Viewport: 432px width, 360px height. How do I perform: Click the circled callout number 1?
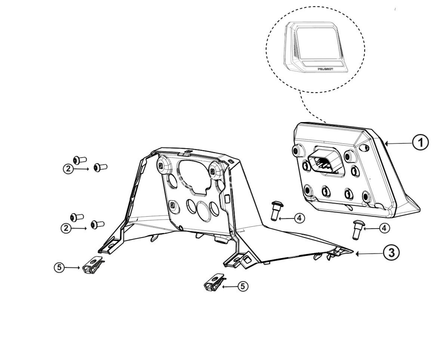(420, 142)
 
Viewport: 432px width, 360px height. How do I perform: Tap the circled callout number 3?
(391, 252)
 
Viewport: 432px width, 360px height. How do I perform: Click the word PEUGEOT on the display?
(325, 69)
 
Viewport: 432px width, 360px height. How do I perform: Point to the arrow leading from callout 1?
(398, 143)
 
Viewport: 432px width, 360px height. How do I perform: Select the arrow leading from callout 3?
(369, 253)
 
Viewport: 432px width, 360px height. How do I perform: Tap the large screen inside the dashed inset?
(319, 43)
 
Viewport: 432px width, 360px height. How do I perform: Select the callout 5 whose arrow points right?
(59, 267)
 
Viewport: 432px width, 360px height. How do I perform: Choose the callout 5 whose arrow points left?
(243, 286)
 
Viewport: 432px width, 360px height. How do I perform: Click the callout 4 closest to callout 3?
(384, 228)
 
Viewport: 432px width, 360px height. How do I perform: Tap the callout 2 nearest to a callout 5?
(66, 228)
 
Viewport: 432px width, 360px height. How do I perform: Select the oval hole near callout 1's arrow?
(364, 147)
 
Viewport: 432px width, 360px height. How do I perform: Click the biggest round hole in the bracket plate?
(204, 211)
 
